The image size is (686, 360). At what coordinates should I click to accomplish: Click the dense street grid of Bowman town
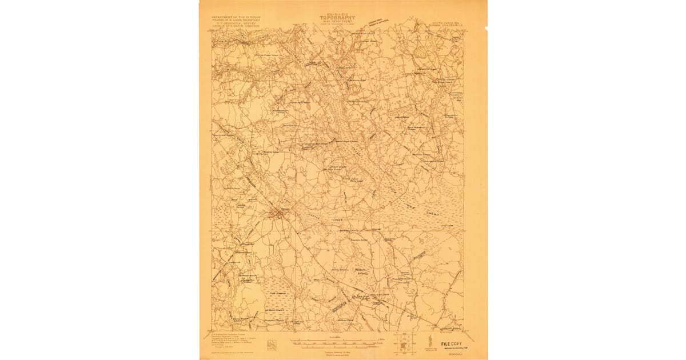point(280,214)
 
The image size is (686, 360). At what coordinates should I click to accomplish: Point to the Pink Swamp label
point(277,293)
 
